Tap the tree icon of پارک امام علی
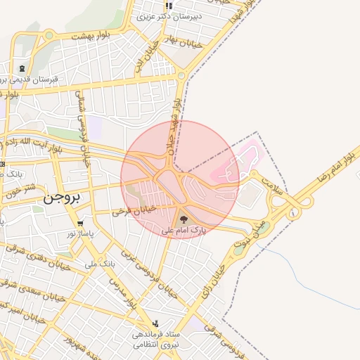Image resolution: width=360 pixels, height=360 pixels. click(184, 219)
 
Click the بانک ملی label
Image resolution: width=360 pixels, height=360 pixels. click(98, 264)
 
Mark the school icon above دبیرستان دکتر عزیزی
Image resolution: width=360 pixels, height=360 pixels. click(169, 6)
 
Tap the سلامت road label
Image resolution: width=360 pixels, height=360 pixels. click(271, 185)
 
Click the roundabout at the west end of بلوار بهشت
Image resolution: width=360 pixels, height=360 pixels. click(49, 34)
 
